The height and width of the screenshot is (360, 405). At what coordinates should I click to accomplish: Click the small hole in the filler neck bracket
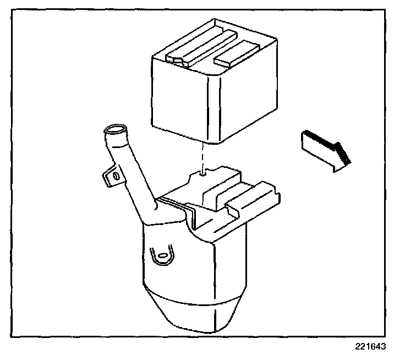pos(115,176)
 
